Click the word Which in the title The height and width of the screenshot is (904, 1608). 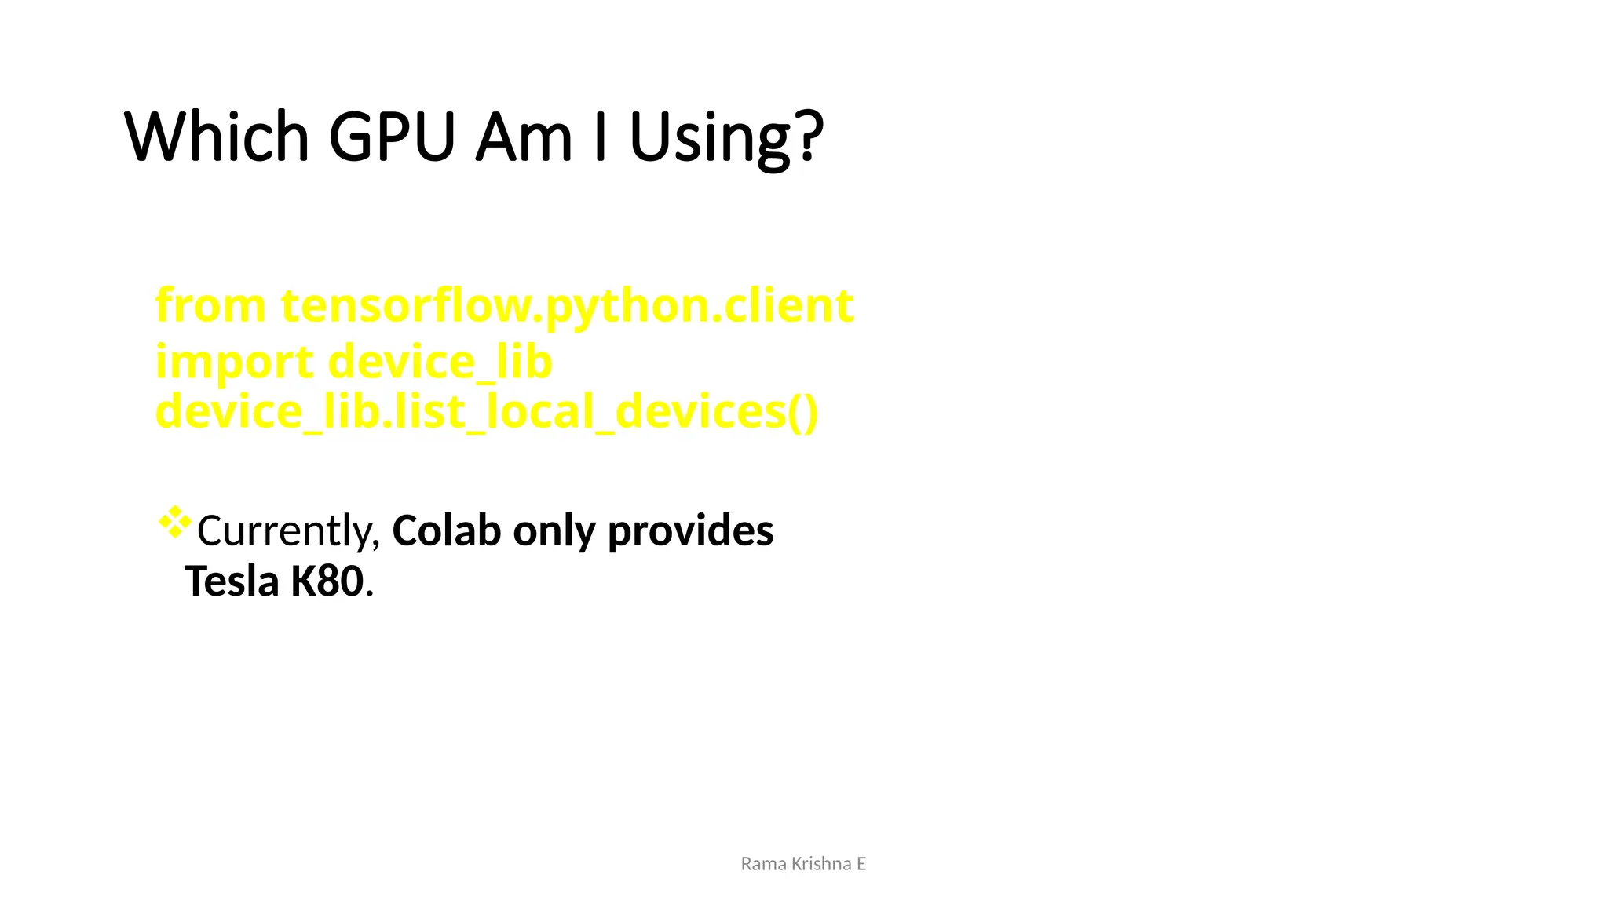(217, 137)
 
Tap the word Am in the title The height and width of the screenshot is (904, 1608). (524, 137)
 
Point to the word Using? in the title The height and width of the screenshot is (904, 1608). (726, 138)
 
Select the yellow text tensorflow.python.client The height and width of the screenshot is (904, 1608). (567, 306)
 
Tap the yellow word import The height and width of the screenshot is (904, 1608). (234, 363)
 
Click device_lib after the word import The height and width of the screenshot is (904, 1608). (440, 363)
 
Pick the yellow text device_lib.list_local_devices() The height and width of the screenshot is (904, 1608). (487, 413)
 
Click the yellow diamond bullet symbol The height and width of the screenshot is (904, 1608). (175, 523)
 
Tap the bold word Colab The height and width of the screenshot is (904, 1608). (446, 530)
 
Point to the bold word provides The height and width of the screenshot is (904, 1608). (690, 532)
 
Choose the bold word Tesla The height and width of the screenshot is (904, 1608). (232, 581)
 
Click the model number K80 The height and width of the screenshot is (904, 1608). (327, 581)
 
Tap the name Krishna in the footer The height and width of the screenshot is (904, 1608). (821, 864)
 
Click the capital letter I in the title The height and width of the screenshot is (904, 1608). (601, 137)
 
